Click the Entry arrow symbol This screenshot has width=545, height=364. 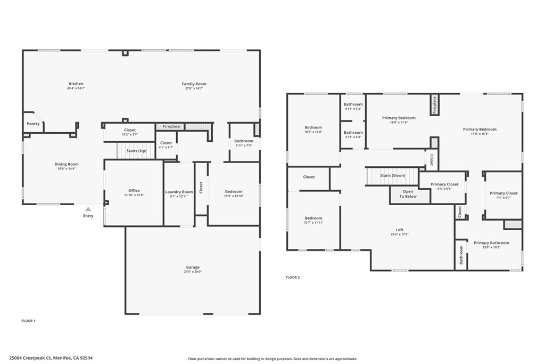click(x=88, y=209)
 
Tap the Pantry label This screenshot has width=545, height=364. click(x=33, y=124)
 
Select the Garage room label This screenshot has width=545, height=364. click(x=193, y=268)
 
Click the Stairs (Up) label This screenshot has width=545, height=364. click(x=136, y=151)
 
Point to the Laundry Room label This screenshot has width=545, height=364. click(x=179, y=192)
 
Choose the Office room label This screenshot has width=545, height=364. click(x=134, y=191)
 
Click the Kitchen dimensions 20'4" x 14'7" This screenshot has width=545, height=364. click(x=76, y=88)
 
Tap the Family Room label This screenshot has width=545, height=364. click(x=194, y=84)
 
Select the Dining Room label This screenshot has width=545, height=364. click(x=67, y=164)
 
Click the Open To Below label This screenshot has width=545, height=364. click(x=408, y=194)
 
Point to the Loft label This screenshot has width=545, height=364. click(x=399, y=230)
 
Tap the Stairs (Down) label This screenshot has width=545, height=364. click(x=393, y=175)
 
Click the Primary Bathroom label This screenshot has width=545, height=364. click(x=491, y=243)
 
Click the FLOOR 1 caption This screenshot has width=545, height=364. click(x=28, y=321)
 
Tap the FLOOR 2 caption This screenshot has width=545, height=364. click(x=293, y=277)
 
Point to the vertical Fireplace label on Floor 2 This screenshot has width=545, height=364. click(x=434, y=105)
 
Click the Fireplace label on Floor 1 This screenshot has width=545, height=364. click(x=171, y=127)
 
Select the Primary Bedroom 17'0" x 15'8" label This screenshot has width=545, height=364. click(x=480, y=130)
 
